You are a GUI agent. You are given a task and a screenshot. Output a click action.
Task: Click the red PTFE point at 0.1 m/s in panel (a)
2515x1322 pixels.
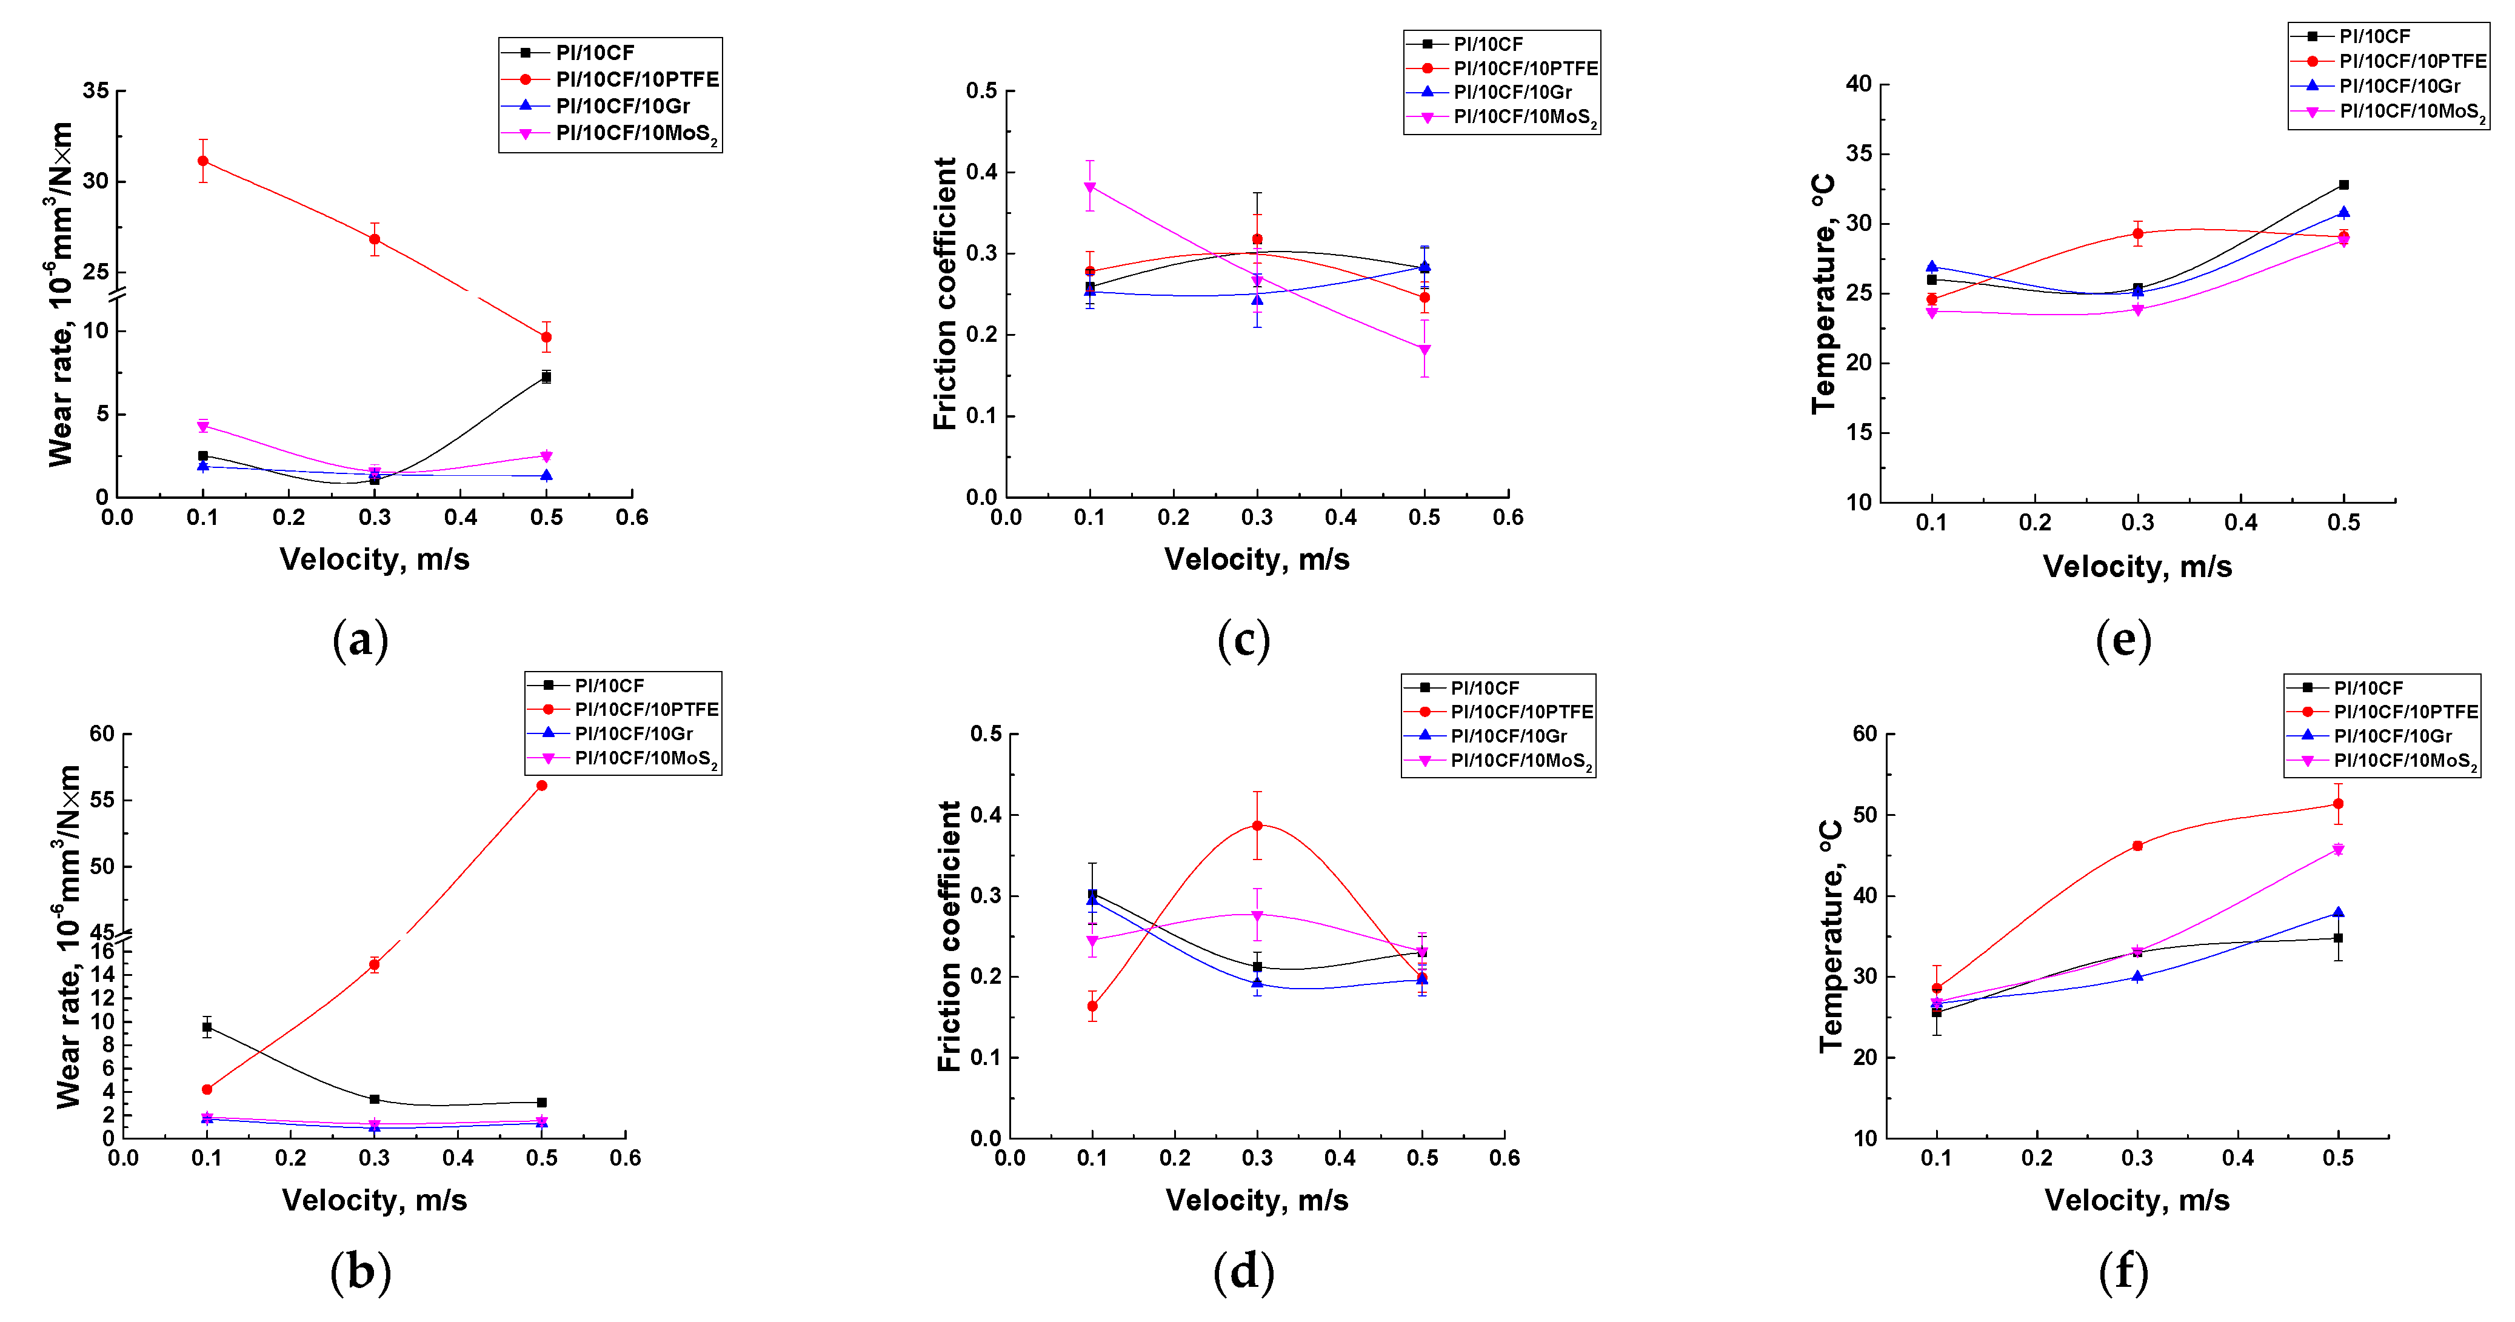[x=203, y=161]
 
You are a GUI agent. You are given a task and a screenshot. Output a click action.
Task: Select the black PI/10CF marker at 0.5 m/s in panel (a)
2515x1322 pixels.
[x=546, y=377]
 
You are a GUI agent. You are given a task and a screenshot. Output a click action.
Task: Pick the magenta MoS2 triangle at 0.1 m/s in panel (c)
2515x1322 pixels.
[x=1089, y=187]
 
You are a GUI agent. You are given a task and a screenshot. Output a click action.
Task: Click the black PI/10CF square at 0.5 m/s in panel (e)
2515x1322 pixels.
[x=2343, y=184]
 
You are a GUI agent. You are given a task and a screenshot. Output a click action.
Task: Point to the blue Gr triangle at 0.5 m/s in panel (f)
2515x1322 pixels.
[x=2338, y=913]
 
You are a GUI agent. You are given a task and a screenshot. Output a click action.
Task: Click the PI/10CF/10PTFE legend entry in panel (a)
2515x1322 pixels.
[x=636, y=79]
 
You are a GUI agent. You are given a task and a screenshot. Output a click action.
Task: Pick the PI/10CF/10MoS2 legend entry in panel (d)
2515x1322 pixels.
[x=1520, y=761]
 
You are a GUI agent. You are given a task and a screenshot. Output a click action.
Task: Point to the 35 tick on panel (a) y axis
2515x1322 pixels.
[x=96, y=91]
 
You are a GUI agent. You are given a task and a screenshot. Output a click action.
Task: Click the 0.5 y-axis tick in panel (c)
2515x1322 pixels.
[x=981, y=91]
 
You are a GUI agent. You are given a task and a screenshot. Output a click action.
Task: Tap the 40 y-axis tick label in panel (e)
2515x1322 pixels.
[x=1858, y=84]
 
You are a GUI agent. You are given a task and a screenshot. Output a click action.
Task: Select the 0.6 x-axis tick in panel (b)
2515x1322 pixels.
[x=625, y=1158]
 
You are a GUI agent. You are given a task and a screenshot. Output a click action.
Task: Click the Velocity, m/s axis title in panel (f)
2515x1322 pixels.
[x=2137, y=1200]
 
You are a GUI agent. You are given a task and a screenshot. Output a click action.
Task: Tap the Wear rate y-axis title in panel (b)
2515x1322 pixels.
[x=68, y=937]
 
